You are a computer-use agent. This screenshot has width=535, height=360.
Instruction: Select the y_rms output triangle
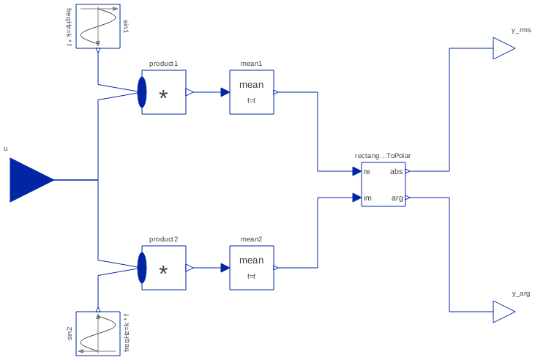[502, 48]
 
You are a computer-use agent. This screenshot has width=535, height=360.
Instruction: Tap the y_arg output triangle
[502, 312]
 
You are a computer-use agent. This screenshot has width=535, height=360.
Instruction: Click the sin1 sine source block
[98, 26]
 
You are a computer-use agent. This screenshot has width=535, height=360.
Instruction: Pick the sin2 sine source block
[98, 334]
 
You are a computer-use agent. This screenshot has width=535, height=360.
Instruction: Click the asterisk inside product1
[163, 96]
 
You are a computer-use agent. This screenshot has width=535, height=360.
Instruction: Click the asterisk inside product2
[163, 271]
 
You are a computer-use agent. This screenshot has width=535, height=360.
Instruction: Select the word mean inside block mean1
[251, 85]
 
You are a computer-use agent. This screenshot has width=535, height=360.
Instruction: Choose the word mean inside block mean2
[251, 260]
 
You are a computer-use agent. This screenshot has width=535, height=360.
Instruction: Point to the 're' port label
[367, 172]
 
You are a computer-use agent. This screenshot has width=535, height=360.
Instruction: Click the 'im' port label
[367, 198]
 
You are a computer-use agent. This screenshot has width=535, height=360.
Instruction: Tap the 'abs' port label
[396, 172]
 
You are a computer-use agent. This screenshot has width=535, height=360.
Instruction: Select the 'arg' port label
[397, 198]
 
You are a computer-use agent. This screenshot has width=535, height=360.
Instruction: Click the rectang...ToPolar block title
[383, 156]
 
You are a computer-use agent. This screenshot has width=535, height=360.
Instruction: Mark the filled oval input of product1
[142, 92]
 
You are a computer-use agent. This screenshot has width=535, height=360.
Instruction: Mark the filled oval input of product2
[142, 268]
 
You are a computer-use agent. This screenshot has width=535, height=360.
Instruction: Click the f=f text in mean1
[251, 101]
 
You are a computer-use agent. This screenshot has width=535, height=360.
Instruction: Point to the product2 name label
[163, 239]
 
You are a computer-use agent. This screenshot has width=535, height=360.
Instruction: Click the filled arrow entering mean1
[225, 92]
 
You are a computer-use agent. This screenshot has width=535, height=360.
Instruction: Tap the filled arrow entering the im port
[356, 198]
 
